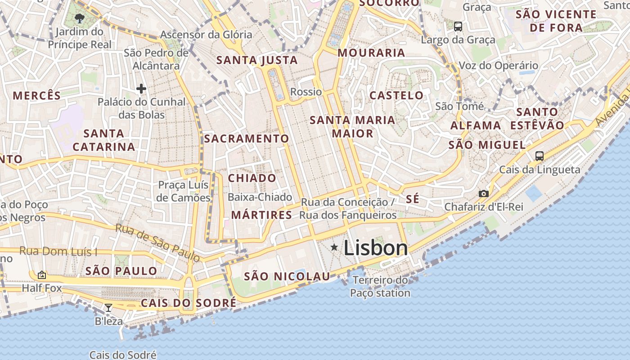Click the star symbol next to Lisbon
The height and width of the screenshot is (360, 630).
pos(334,247)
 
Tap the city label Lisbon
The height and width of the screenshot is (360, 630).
pos(376,248)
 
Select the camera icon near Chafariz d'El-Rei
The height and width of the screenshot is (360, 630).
pos(484,193)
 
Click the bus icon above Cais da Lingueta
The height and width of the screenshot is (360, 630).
pos(539,156)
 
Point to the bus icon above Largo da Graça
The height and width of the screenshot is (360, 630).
pos(458,27)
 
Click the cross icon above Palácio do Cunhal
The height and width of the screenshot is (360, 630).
pos(141,89)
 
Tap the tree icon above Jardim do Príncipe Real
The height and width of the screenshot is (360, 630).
pos(80,18)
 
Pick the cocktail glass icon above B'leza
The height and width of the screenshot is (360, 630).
pos(108,308)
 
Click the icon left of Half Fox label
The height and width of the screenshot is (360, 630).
pos(42,274)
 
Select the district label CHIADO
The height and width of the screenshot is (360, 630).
pos(252,178)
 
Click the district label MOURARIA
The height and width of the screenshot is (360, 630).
pos(371,53)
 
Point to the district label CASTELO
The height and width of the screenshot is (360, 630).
pos(396,95)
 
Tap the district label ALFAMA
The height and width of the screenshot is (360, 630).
pos(476,126)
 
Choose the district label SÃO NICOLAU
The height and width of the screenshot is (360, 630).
pos(287,276)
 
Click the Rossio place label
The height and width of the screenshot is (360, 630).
pos(306,92)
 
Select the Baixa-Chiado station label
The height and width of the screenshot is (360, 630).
pos(260,197)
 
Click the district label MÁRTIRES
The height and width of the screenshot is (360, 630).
pos(261,215)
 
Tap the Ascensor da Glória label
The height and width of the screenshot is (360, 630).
pos(206,35)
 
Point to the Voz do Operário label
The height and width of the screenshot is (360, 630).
pos(498,66)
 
